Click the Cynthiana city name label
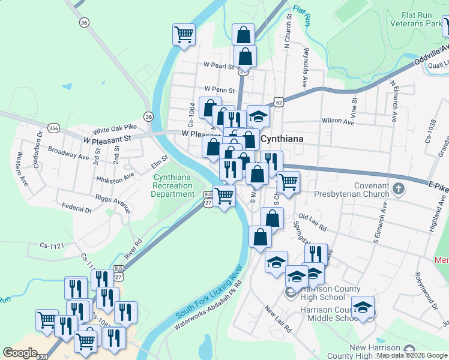(x=282, y=139)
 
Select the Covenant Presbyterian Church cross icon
(x=397, y=190)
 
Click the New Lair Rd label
(x=277, y=320)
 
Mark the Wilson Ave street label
(x=338, y=121)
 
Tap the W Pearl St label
(x=218, y=65)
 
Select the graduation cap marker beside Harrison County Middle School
(x=363, y=307)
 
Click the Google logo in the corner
(x=20, y=353)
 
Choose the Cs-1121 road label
(x=52, y=245)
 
